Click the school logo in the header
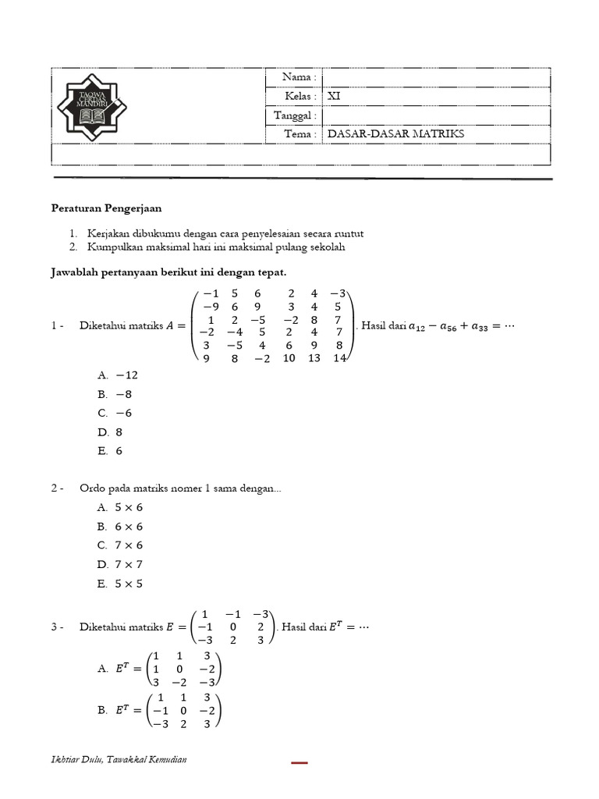pyautogui.click(x=92, y=107)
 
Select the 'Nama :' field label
pyautogui.click(x=299, y=77)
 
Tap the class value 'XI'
pyautogui.click(x=334, y=97)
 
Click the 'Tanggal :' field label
pyautogui.click(x=295, y=115)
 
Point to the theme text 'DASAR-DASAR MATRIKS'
pyautogui.click(x=395, y=134)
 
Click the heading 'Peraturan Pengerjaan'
pyautogui.click(x=106, y=209)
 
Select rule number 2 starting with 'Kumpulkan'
pyautogui.click(x=216, y=247)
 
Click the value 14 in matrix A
pyautogui.click(x=338, y=358)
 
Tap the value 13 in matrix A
pyautogui.click(x=314, y=358)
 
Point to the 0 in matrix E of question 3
pyautogui.click(x=231, y=627)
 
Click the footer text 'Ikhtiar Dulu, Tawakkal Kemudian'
pyautogui.click(x=119, y=759)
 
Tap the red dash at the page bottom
pyautogui.click(x=299, y=762)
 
